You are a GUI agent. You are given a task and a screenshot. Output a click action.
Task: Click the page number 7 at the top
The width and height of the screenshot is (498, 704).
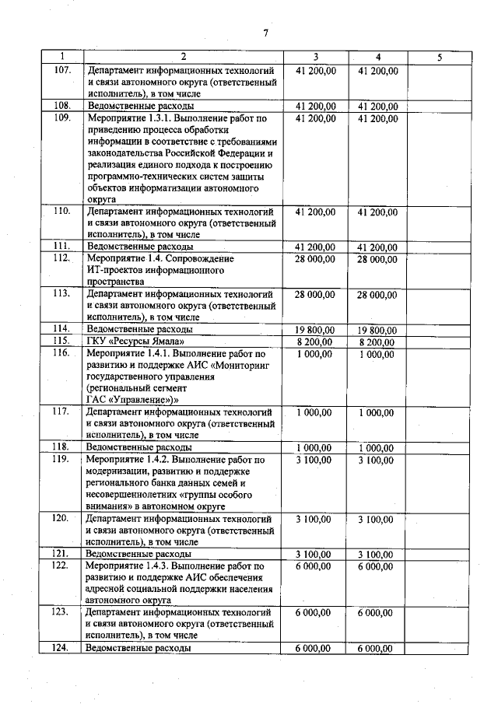coord(265,33)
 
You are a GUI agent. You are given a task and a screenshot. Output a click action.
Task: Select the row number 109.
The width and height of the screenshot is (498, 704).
coord(62,118)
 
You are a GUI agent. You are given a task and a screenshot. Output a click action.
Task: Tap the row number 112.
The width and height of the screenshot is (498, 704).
coord(62,258)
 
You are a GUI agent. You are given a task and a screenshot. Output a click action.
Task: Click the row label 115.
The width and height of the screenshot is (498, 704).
coord(62,341)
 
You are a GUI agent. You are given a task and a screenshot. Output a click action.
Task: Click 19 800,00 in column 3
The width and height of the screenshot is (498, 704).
coord(315,330)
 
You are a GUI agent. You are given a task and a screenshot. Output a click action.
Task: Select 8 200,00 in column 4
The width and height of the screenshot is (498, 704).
coord(377,341)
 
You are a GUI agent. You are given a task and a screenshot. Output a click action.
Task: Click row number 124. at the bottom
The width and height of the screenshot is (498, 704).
coord(62,647)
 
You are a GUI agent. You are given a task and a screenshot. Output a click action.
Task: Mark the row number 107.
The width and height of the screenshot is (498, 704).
coord(62,70)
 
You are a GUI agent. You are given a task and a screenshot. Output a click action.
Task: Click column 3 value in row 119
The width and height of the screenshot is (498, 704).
coord(315,460)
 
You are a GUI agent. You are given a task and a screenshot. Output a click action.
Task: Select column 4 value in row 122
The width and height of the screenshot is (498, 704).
coord(377,566)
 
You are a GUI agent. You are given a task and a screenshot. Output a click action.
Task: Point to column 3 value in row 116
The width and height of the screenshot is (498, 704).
coord(315,354)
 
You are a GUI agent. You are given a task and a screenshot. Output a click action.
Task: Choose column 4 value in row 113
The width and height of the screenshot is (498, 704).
coord(377,295)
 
